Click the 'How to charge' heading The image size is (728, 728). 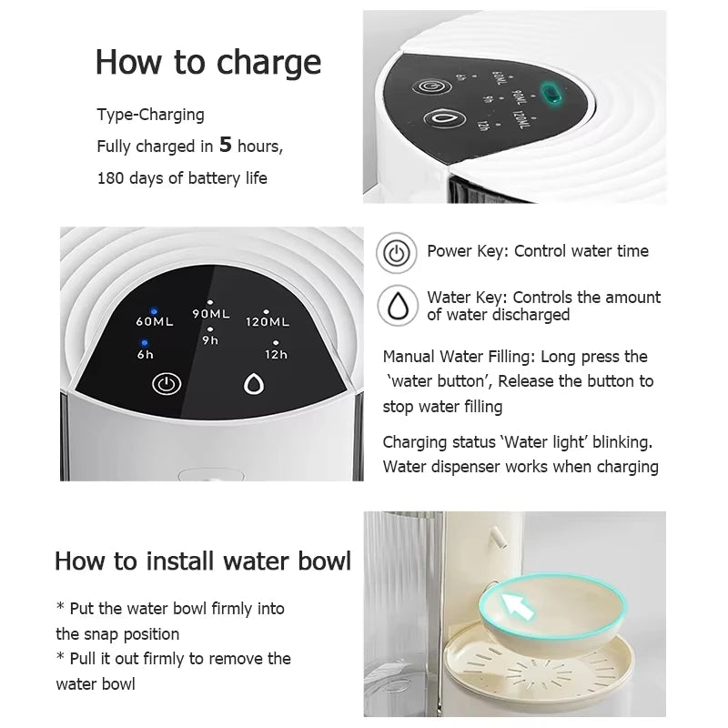click(208, 62)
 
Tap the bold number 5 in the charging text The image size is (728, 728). click(225, 144)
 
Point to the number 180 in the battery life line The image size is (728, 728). click(111, 177)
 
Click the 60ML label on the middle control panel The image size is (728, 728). click(156, 322)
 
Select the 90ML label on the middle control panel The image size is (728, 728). click(210, 314)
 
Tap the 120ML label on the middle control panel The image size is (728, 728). click(268, 321)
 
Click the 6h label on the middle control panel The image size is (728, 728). click(146, 354)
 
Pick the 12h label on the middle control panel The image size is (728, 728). click(277, 354)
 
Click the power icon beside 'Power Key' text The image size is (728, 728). click(396, 252)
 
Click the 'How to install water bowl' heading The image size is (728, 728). click(202, 560)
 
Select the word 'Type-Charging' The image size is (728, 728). click(151, 115)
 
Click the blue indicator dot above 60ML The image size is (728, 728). click(154, 309)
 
